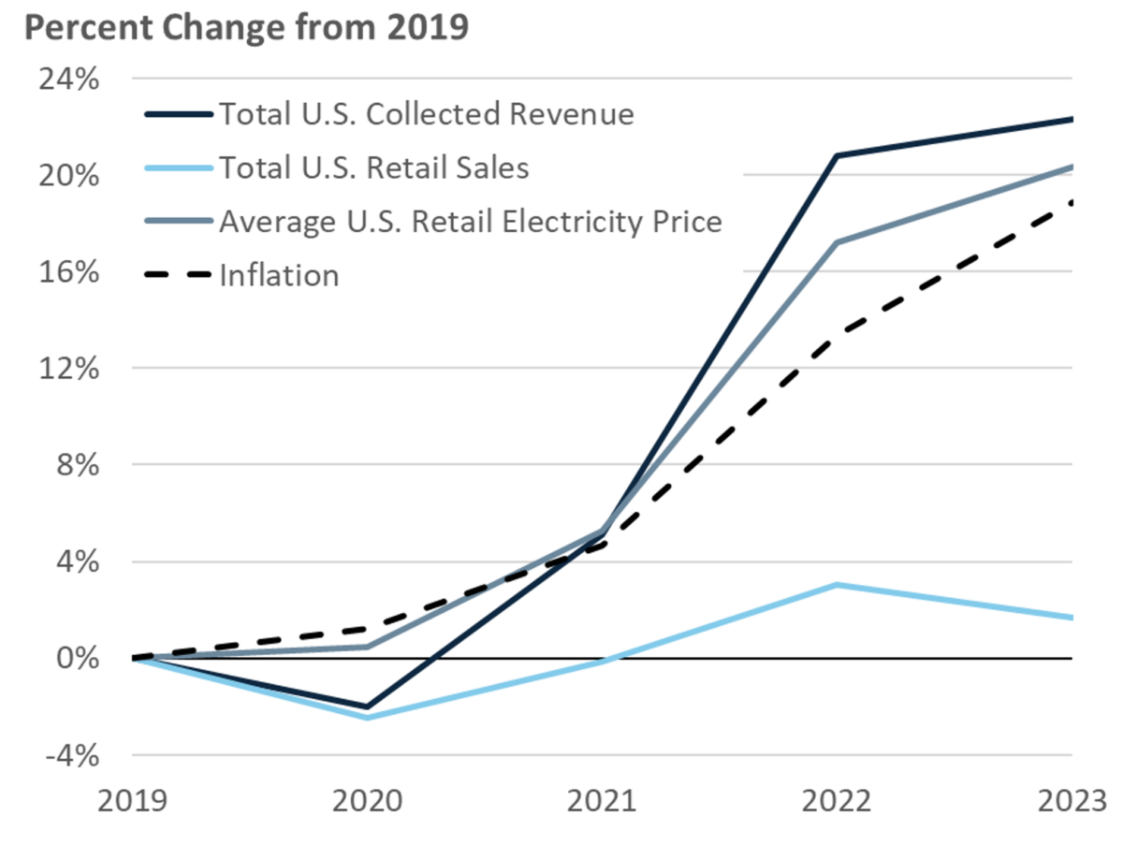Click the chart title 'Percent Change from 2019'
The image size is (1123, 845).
tap(245, 28)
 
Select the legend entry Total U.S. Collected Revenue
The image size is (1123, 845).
tap(426, 114)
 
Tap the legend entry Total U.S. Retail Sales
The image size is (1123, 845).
tap(373, 168)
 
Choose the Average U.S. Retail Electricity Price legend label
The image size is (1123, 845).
tap(470, 222)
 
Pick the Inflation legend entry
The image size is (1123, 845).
tap(279, 275)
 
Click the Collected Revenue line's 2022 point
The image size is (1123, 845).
tap(837, 155)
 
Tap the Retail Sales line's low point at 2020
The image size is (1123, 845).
tap(366, 718)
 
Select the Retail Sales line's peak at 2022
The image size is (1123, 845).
tap(837, 585)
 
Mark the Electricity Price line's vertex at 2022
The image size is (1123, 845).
tap(837, 242)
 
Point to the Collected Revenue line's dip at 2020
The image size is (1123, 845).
tap(366, 707)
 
